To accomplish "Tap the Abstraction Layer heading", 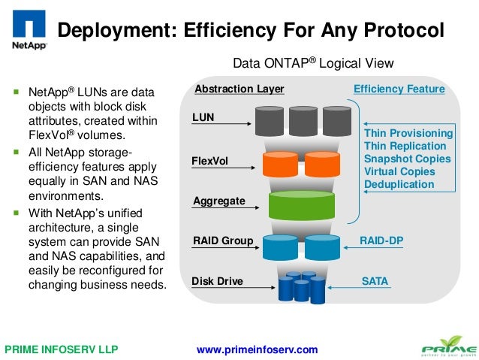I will [x=239, y=89].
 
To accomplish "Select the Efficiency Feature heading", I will [x=399, y=89].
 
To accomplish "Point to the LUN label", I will [x=203, y=118].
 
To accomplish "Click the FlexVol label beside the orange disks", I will [x=210, y=161].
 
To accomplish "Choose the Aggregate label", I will [x=218, y=201].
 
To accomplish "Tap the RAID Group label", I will [x=223, y=241].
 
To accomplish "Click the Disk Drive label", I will [x=218, y=282].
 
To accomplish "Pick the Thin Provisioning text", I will [x=408, y=133].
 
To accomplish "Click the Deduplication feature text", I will [x=399, y=184].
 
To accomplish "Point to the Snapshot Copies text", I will [x=407, y=159].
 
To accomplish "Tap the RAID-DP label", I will [x=381, y=241].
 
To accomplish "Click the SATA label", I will [x=375, y=282].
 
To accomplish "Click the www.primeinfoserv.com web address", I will [x=257, y=349].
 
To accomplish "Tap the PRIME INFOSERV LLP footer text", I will [x=62, y=349].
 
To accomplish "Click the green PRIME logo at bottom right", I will [x=447, y=347].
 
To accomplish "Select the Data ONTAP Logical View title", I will [x=313, y=63].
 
